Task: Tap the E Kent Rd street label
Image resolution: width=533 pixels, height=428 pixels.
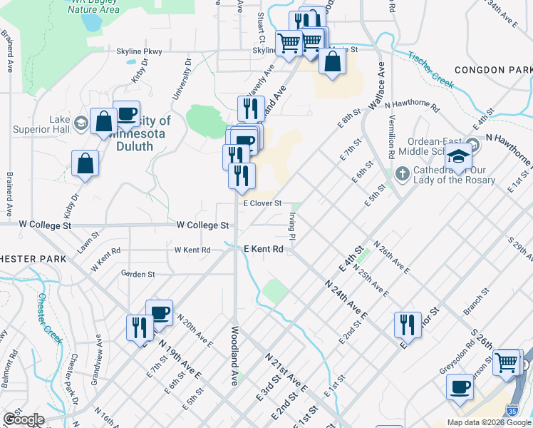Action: pos(264,249)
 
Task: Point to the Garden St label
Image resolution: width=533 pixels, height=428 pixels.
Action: pos(138,274)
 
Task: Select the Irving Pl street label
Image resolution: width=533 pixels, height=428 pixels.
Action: pos(292,225)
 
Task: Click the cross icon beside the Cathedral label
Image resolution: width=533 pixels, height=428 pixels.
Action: pos(403,173)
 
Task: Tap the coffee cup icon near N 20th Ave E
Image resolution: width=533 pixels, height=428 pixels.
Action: pos(159,312)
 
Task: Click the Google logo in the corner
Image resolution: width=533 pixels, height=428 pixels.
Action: pos(23,419)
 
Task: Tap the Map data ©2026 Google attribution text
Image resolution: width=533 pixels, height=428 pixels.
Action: pos(489,422)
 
